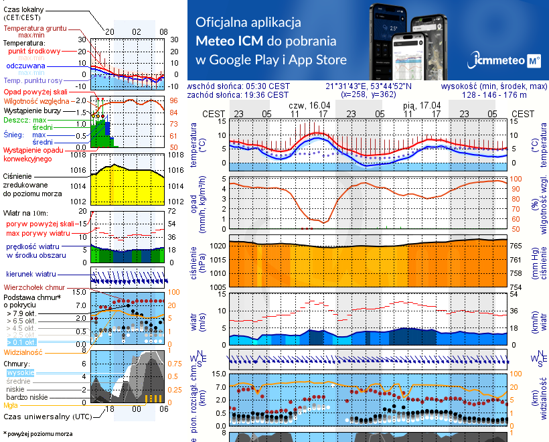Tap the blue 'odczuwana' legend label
pyautogui.click(x=25, y=66)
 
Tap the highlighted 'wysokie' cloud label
pyautogui.click(x=20, y=372)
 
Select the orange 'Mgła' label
pyautogui.click(x=11, y=405)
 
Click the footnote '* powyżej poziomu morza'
pyautogui.click(x=38, y=434)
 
